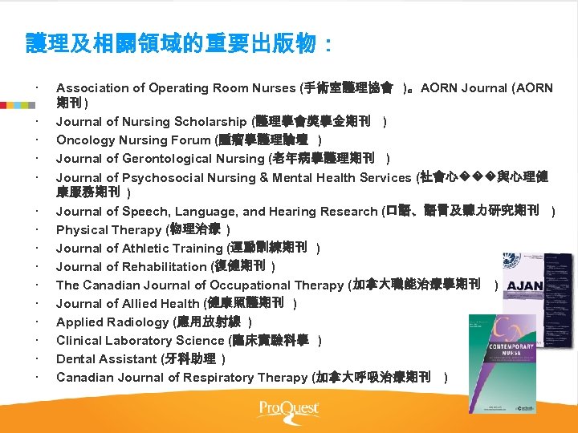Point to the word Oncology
[83, 140]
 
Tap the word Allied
[140, 304]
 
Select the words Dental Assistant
[107, 359]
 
